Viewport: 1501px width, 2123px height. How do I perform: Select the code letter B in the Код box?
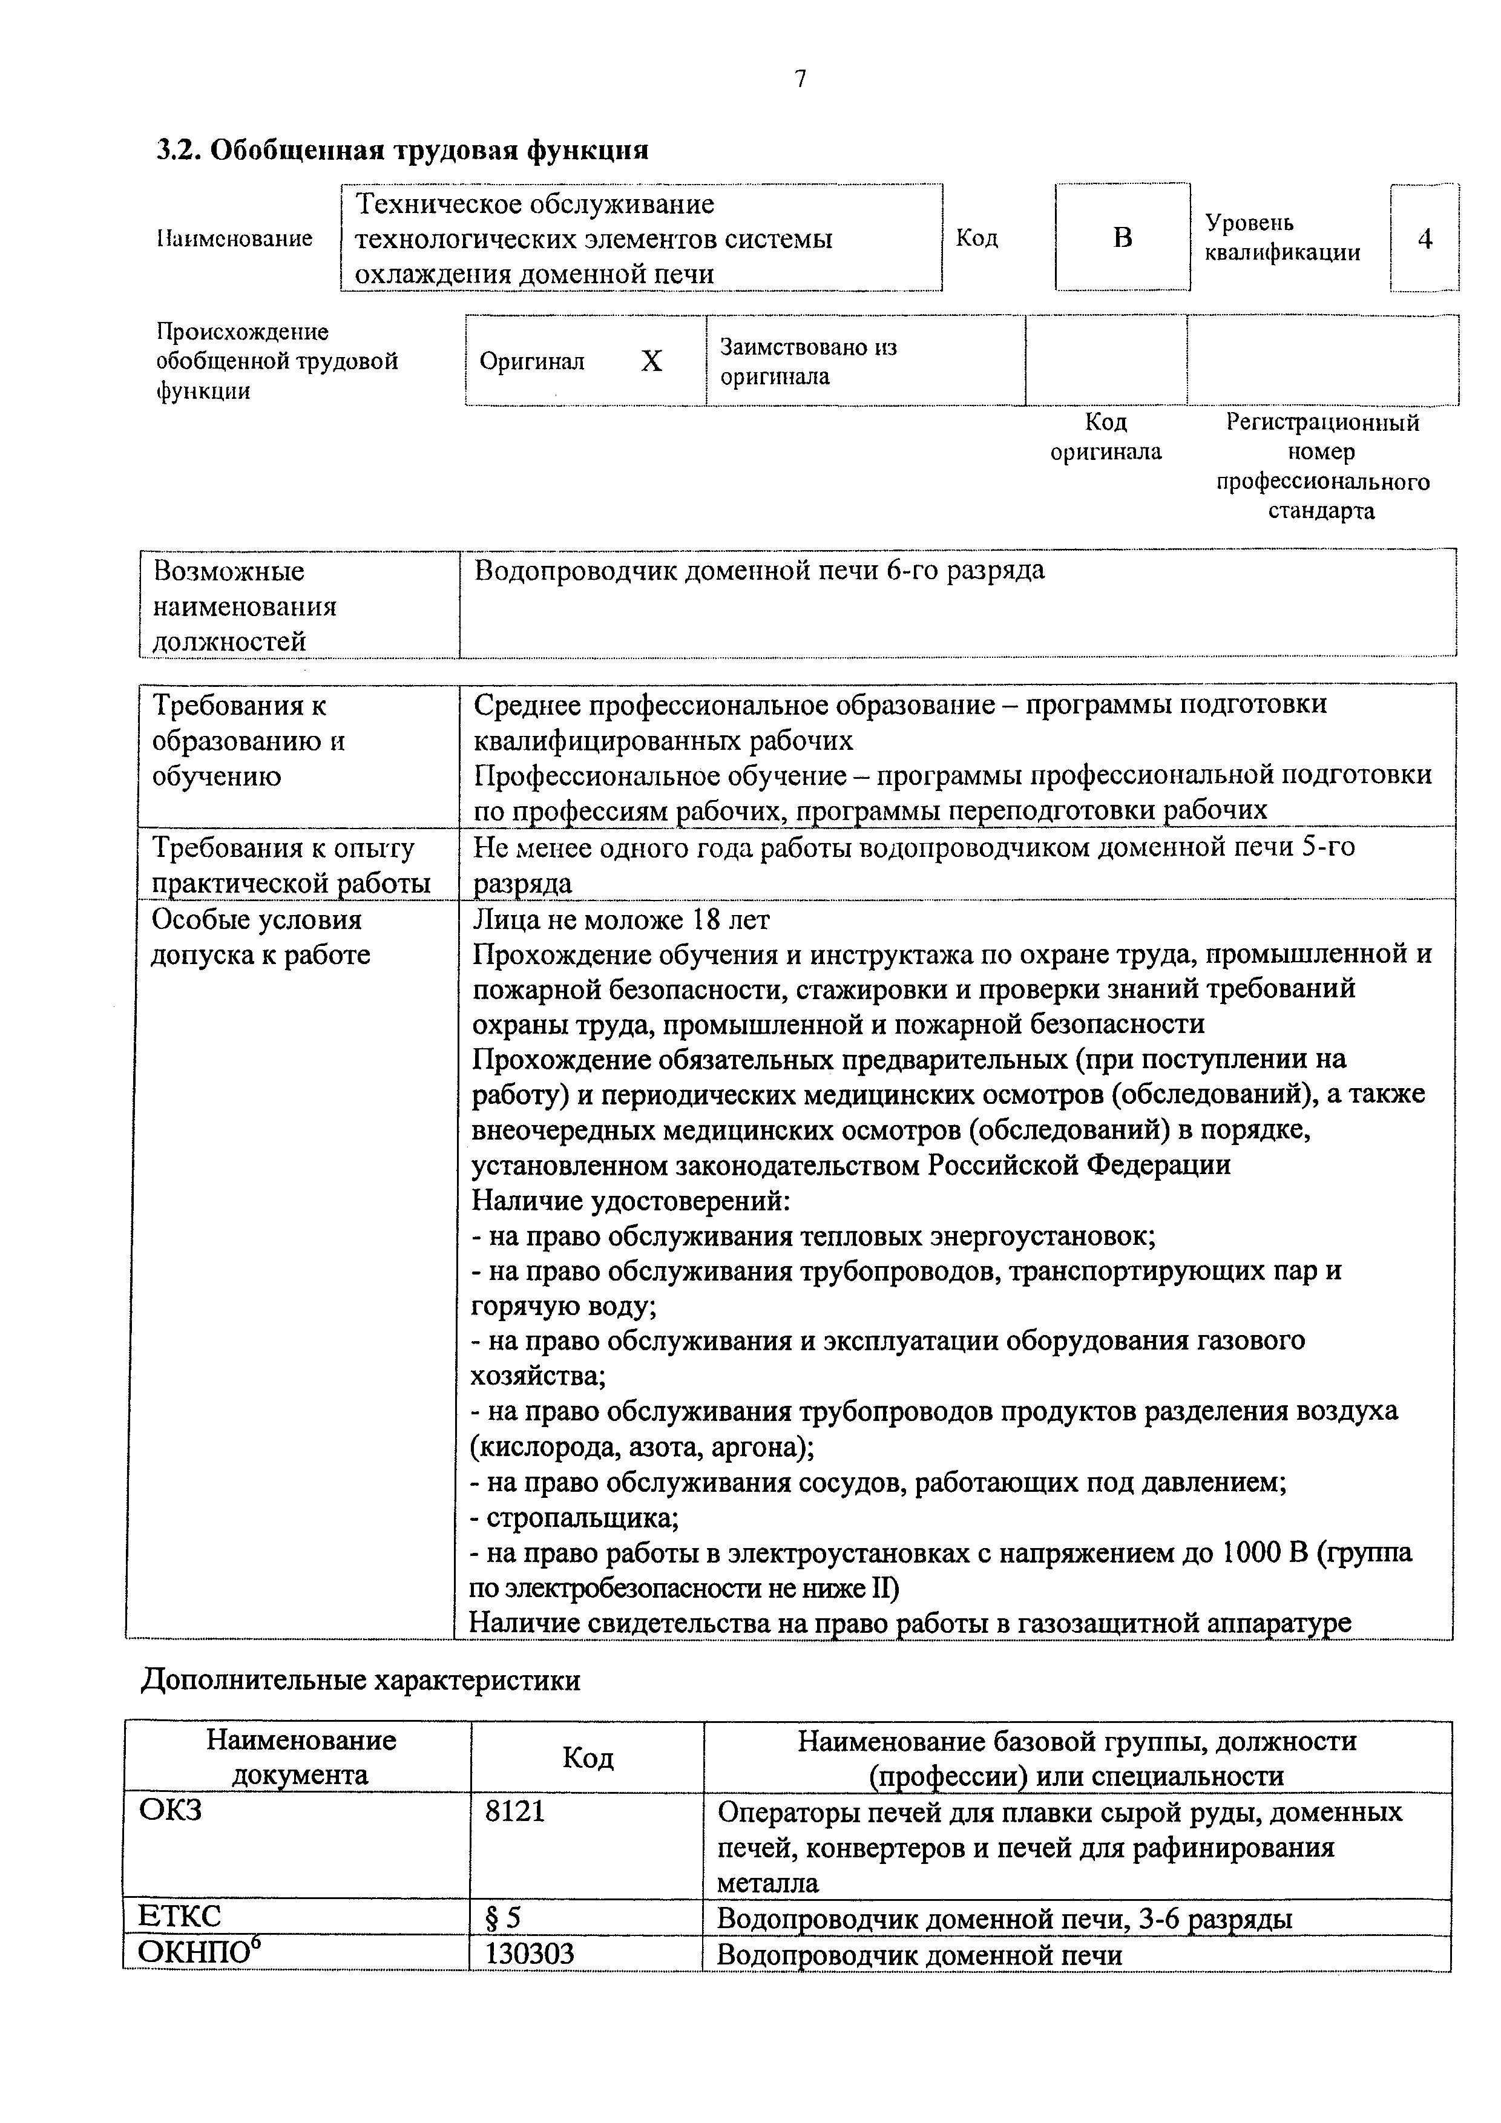click(1122, 238)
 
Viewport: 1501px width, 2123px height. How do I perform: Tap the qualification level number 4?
click(1425, 238)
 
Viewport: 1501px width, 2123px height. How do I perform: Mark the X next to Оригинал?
click(651, 361)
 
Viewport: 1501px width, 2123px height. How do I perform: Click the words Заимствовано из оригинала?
click(809, 361)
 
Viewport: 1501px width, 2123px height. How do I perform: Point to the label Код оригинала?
click(1106, 436)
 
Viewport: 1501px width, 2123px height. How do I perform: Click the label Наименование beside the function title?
click(234, 238)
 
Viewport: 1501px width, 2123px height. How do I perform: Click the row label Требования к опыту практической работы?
click(291, 865)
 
